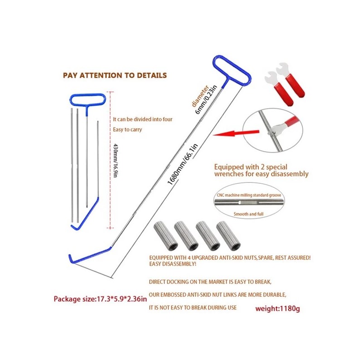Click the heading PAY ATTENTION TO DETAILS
coord(114,75)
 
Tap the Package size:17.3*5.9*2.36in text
coord(100,299)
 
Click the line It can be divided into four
coord(143,119)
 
